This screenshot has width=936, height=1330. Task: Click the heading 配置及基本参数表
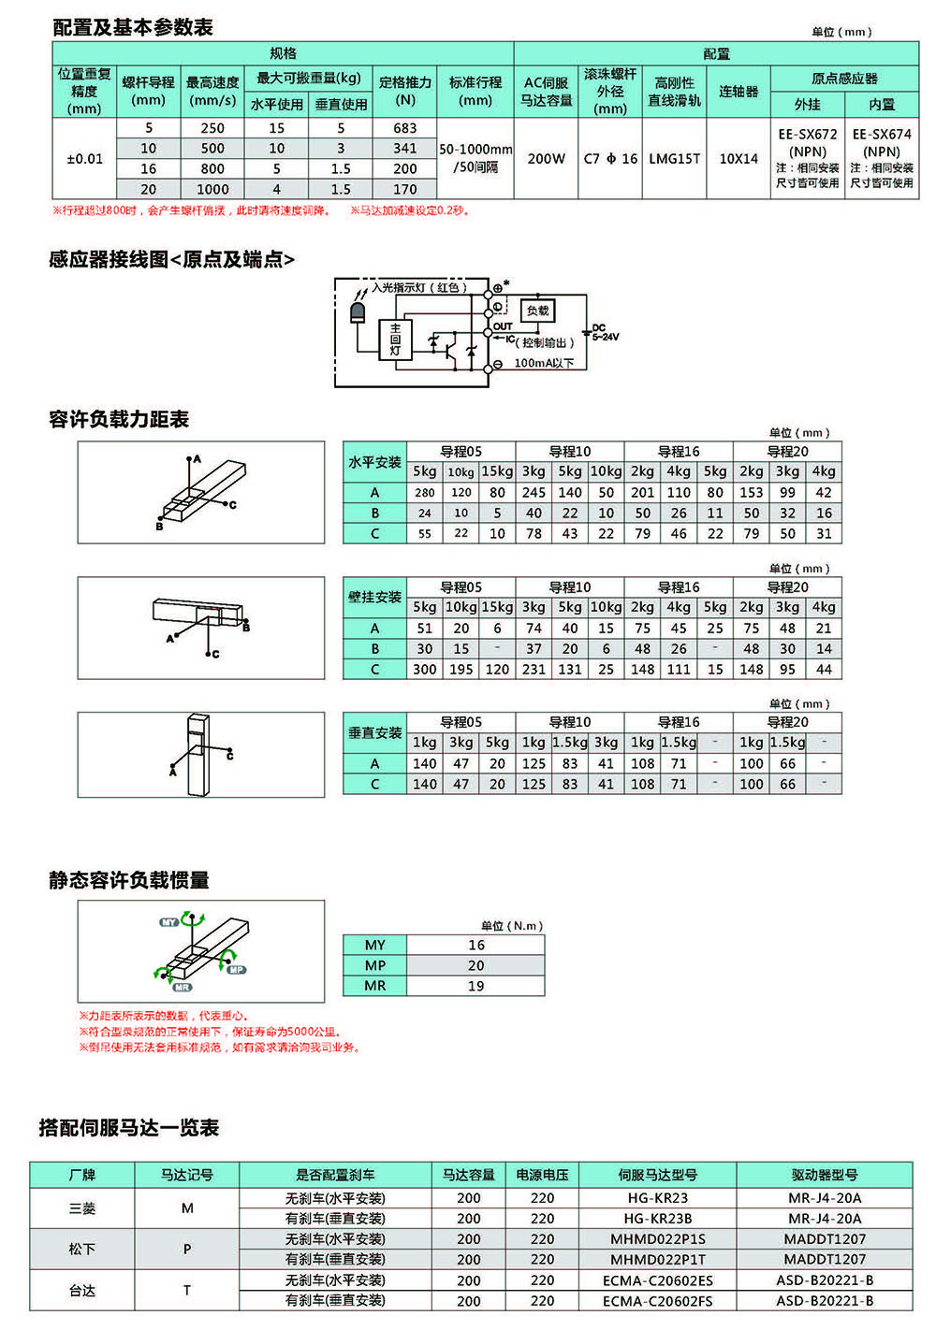(x=133, y=28)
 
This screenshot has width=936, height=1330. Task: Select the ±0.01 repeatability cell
(x=84, y=159)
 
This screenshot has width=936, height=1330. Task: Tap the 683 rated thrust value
(x=405, y=128)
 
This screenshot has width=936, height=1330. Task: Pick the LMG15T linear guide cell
(x=675, y=159)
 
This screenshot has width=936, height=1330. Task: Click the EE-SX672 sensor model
(x=808, y=135)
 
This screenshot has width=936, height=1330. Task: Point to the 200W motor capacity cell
(x=547, y=159)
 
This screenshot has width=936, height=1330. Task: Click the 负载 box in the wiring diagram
(x=538, y=311)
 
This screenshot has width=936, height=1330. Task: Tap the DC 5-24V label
(x=605, y=332)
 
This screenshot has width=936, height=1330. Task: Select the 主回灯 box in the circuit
(x=395, y=340)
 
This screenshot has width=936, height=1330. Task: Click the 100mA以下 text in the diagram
(x=544, y=363)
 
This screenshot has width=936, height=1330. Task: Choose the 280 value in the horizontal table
(x=425, y=493)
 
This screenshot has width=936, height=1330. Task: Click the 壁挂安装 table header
(x=374, y=598)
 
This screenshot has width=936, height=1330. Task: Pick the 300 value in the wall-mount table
(x=425, y=670)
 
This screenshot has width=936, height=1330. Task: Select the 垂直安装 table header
(x=374, y=733)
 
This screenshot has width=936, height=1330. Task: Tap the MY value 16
(x=476, y=946)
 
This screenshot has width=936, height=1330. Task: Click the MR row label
(x=374, y=986)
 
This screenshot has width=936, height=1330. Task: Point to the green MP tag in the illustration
(x=237, y=970)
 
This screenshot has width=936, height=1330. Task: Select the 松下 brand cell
(x=82, y=1249)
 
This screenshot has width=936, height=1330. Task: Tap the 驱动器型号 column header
(x=825, y=1175)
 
